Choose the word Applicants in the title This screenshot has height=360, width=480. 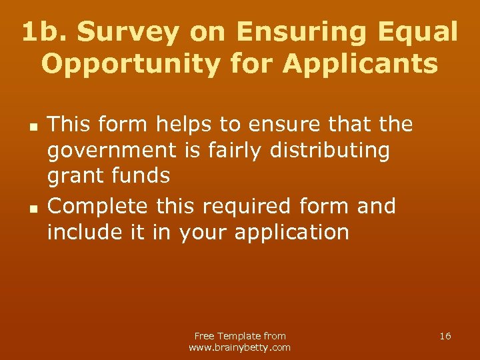coord(360,65)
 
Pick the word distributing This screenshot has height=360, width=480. coord(329,151)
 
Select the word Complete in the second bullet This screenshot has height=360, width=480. coord(99,207)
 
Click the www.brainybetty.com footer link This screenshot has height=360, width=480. coord(240,347)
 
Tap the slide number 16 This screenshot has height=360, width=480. coord(445,336)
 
